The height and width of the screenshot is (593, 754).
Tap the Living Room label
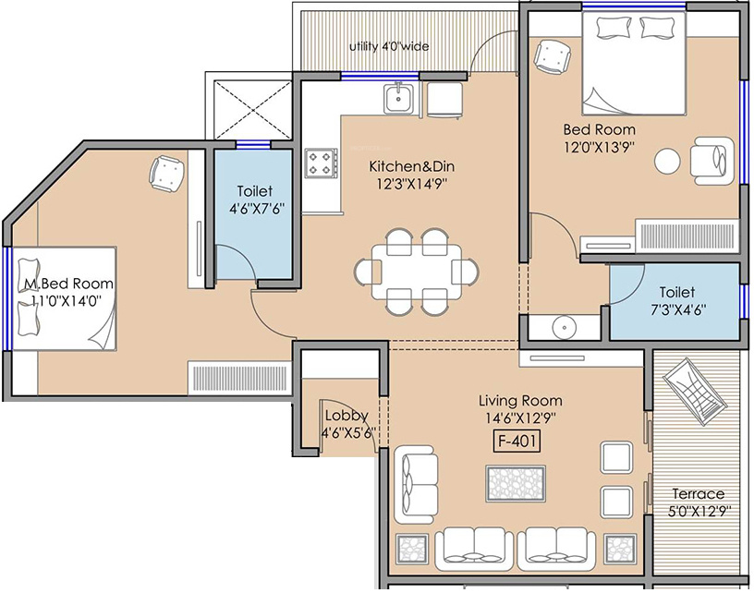point(520,401)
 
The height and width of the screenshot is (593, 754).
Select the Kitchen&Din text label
point(412,167)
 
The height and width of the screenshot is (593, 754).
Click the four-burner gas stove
point(322,164)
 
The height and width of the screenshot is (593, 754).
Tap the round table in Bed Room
point(667,161)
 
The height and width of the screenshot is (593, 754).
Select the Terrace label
point(698,493)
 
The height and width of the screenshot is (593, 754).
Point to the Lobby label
point(346,416)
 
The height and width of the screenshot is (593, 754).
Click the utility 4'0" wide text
point(388,47)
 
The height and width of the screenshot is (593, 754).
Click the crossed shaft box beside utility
point(251,110)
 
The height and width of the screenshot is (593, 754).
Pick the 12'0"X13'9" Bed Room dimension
point(600,146)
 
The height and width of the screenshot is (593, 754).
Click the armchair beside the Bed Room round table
point(711,161)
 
